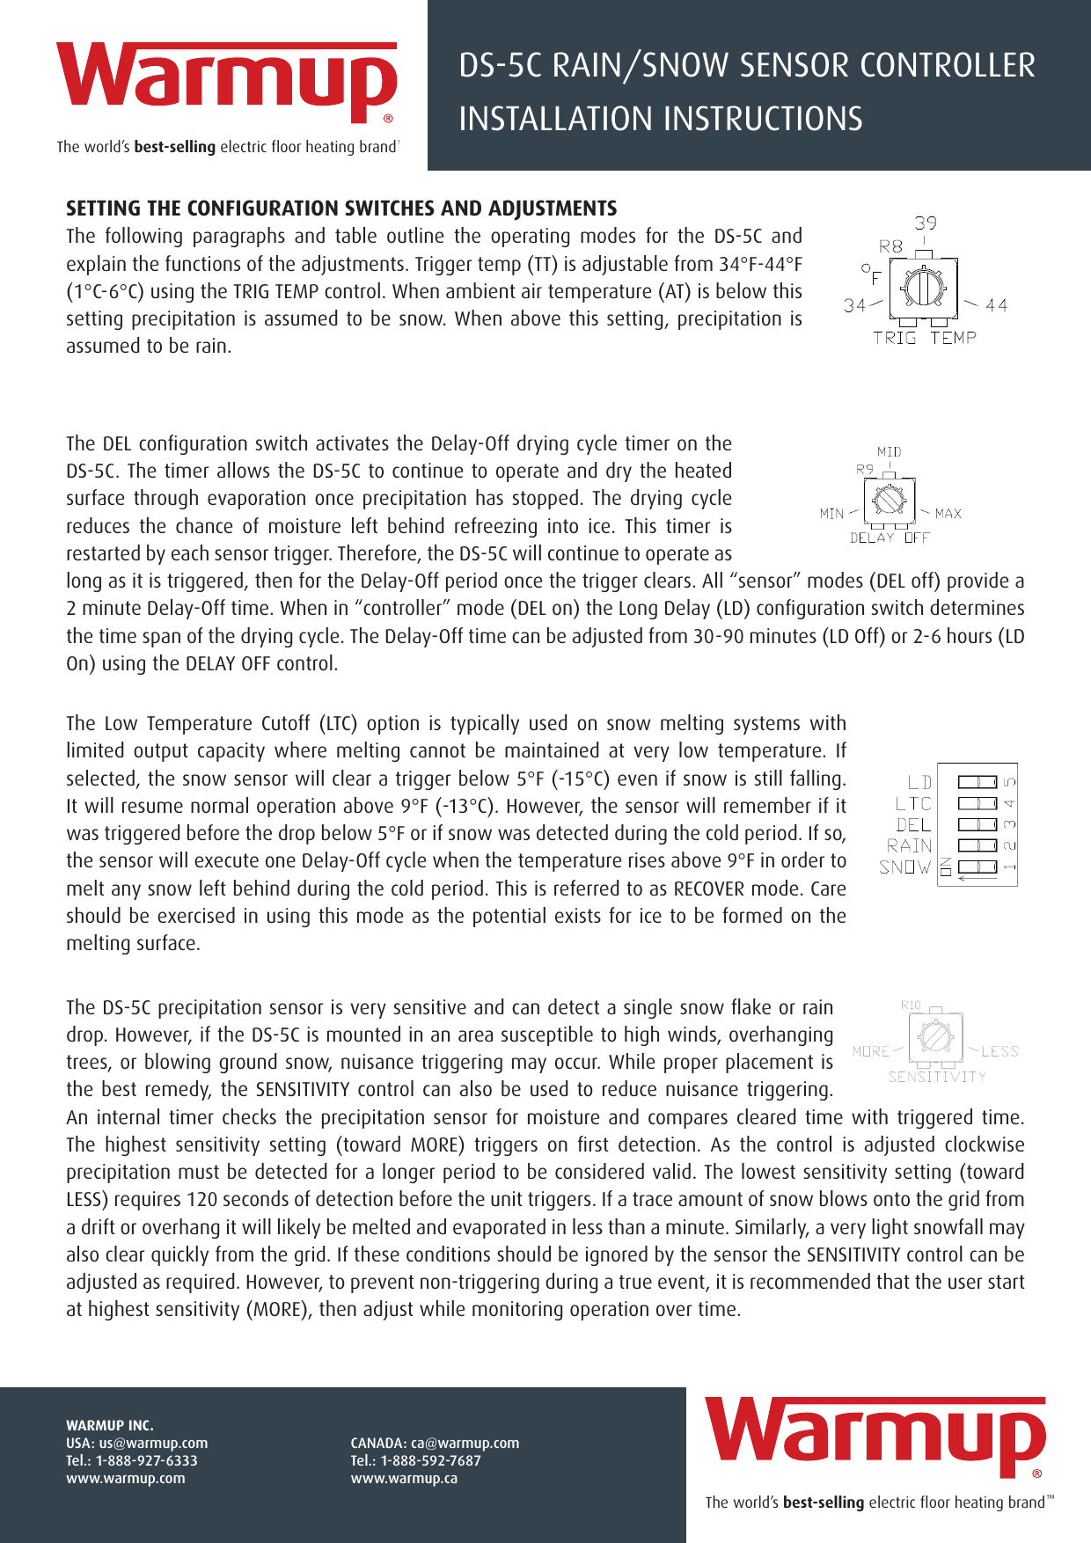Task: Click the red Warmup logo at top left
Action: [x=226, y=81]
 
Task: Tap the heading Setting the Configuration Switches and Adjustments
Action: [x=341, y=208]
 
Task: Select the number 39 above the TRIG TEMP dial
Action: [x=926, y=223]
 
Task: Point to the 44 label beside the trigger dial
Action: [x=997, y=305]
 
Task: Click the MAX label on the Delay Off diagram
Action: [x=948, y=513]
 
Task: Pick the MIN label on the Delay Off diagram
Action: [x=831, y=513]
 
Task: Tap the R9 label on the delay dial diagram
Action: [x=865, y=469]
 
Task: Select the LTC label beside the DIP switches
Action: [x=913, y=803]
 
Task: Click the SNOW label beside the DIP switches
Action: [x=904, y=867]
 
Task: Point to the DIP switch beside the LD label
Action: [x=977, y=782]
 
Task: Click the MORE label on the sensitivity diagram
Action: [x=871, y=1051]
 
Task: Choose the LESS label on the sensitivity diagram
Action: [x=999, y=1051]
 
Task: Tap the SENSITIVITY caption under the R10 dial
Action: [x=937, y=1077]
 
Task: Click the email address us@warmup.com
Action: [x=153, y=1443]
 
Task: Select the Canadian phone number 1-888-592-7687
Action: [x=430, y=1460]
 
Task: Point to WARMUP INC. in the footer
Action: [x=110, y=1425]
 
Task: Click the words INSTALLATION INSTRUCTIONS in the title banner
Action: [x=660, y=119]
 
